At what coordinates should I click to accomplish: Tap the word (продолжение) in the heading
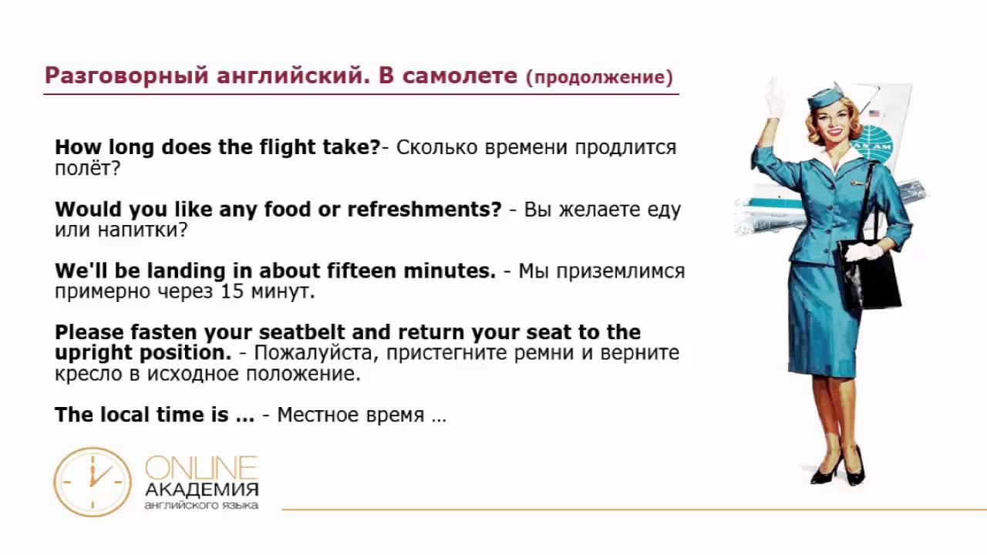pos(599,78)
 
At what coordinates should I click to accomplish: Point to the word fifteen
pos(362,270)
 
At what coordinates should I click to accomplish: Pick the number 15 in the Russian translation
pos(232,291)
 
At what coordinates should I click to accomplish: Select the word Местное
pos(314,415)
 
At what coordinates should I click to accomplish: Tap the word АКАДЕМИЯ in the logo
pos(202,489)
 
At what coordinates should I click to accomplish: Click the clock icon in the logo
pos(93,482)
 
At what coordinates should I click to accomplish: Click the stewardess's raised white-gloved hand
pos(774,99)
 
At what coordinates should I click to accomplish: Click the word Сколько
pos(436,147)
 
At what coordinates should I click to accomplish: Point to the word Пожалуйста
pos(316,353)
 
